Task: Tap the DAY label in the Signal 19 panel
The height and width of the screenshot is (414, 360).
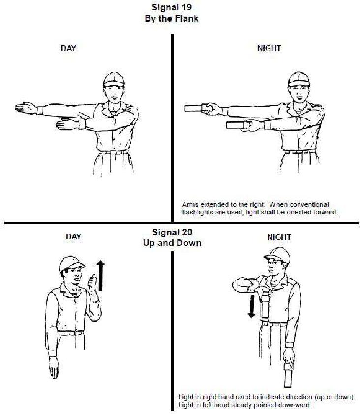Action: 68,48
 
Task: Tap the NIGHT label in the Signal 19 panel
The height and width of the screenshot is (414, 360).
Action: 269,48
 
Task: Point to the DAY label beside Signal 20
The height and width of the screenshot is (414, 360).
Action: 73,237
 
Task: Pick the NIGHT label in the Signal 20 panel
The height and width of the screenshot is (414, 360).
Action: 279,237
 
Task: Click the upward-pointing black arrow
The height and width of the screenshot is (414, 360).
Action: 101,276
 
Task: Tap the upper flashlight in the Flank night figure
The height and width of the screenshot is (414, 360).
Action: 195,108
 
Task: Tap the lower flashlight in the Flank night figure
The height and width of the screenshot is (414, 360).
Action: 238,125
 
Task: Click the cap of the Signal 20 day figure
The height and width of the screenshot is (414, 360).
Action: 69,265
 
